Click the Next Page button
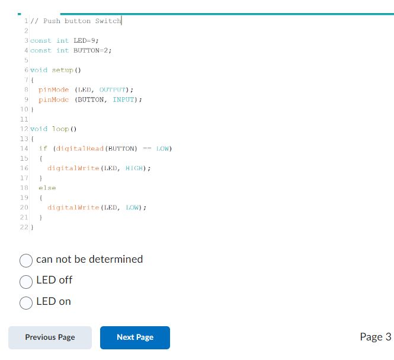[135, 337]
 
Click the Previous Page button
[50, 337]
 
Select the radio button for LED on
[26, 302]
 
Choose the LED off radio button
[26, 281]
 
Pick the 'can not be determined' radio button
[26, 260]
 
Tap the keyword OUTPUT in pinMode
[111, 90]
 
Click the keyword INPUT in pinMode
[124, 100]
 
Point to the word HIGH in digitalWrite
[134, 168]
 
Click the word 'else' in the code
[47, 187]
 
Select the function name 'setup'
[63, 70]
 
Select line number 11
[24, 119]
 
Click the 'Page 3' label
[375, 337]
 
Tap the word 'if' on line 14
[43, 148]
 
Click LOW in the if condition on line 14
[164, 148]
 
